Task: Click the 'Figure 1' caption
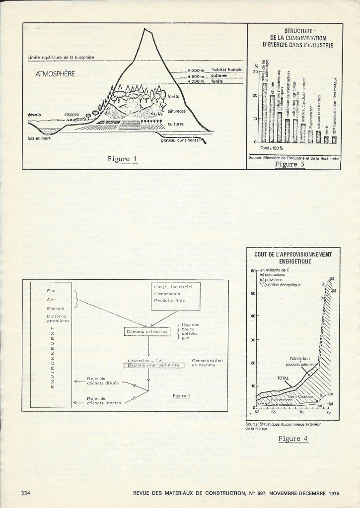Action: click(122, 159)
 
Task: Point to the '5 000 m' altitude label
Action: click(197, 70)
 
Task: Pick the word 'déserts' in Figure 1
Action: click(36, 115)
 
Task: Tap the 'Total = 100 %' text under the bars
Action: click(271, 148)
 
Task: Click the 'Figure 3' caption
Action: click(289, 164)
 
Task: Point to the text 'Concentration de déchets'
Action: click(207, 363)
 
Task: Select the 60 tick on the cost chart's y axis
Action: click(252, 270)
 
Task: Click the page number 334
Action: click(27, 493)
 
